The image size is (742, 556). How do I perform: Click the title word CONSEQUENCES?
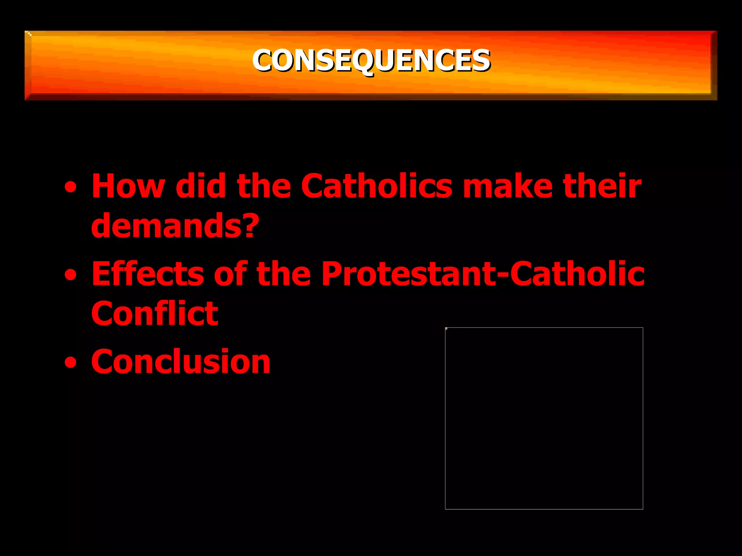coord(371,60)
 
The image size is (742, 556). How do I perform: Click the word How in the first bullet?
coord(128,186)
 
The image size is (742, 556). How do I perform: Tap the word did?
coord(201,186)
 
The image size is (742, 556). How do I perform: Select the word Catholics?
coord(376,186)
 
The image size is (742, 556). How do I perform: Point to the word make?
coord(508,186)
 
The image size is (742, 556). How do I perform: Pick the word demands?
coord(175,226)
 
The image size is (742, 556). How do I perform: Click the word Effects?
coord(147,274)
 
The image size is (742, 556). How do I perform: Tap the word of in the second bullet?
coord(230,274)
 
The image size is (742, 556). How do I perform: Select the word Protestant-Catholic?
coord(483,274)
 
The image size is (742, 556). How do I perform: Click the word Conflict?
coord(155,313)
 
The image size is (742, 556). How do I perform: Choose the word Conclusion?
coord(181,362)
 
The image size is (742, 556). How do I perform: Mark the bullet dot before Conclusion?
coord(71,363)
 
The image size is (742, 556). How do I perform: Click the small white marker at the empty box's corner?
coord(446,328)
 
